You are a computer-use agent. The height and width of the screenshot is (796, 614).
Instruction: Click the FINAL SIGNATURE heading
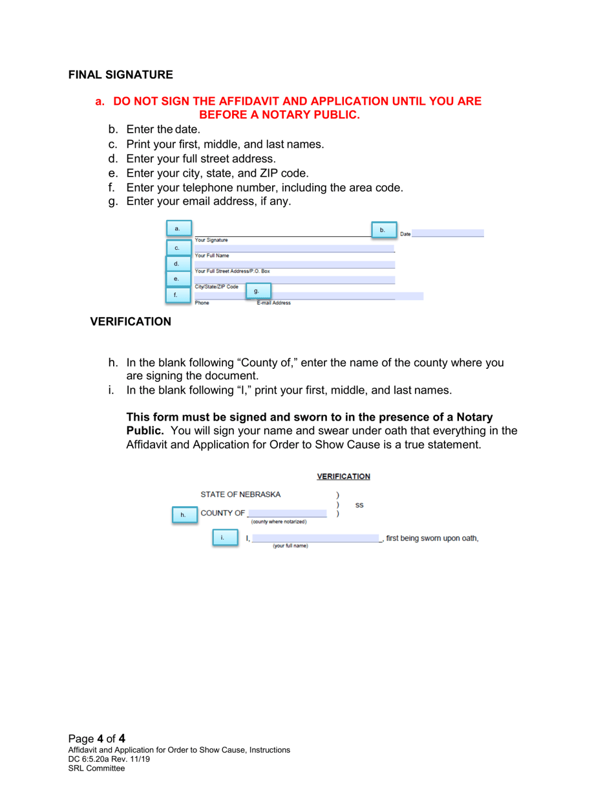coord(121,74)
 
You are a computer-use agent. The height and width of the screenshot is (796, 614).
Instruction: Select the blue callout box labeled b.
coord(383,230)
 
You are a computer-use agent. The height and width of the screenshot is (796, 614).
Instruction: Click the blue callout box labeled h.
coord(183,515)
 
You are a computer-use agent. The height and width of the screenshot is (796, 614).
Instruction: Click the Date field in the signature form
coord(447,233)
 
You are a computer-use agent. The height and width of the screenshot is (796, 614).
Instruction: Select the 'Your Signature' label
coord(211,240)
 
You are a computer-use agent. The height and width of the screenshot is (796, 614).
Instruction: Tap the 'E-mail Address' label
coord(273,302)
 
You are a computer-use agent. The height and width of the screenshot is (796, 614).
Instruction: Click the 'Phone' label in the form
coord(202,302)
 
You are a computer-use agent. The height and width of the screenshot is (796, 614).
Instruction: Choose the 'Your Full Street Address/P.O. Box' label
coord(232,271)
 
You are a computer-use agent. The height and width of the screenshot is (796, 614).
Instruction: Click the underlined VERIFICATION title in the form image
coord(343,476)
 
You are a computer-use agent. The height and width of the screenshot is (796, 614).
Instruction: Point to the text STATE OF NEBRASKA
coord(240,494)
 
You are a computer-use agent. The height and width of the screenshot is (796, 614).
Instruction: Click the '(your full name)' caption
coord(290,546)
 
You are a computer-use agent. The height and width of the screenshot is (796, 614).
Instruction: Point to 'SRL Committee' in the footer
coord(96,768)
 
